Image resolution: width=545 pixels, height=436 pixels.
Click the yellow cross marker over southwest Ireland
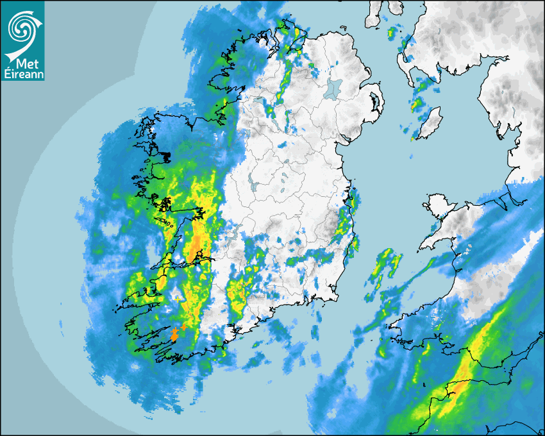178,299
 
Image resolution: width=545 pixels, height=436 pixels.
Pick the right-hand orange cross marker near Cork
185,326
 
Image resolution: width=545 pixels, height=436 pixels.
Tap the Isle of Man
430,122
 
